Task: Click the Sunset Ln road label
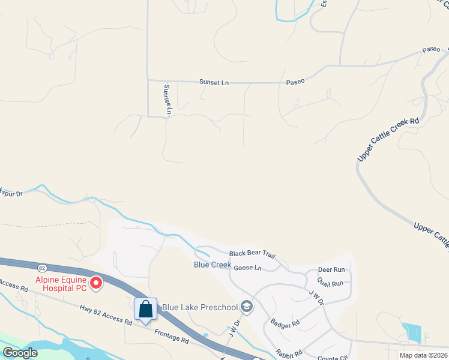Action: click(214, 82)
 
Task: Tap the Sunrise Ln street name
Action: click(168, 99)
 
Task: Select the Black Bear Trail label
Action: click(252, 254)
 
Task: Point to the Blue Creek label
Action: click(212, 265)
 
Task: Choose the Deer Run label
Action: click(331, 270)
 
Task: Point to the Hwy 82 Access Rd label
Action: click(106, 314)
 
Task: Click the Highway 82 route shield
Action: click(41, 267)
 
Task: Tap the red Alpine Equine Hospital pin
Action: click(95, 282)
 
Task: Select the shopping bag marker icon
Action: click(145, 309)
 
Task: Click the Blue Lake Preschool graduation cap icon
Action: click(246, 307)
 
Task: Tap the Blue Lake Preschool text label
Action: click(200, 308)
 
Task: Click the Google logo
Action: click(20, 352)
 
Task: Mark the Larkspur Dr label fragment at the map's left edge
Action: click(11, 193)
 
